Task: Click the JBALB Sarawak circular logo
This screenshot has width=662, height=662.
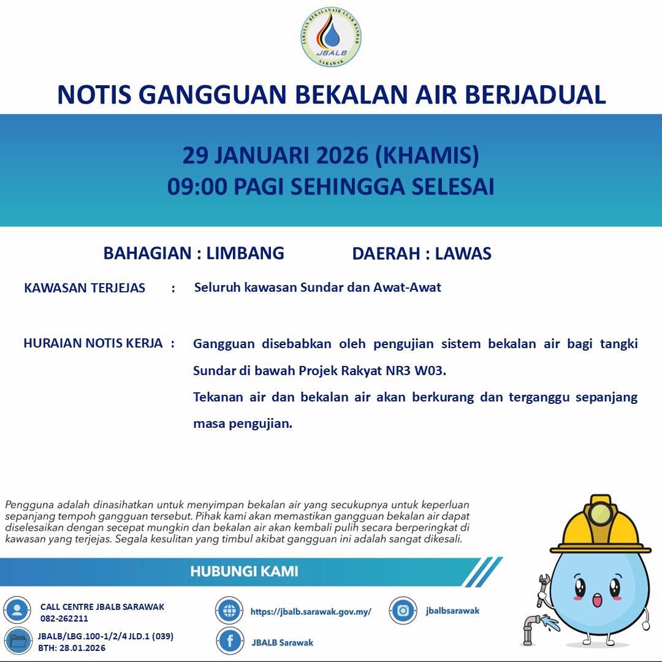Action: click(331, 37)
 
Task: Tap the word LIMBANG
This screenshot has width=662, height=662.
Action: click(245, 253)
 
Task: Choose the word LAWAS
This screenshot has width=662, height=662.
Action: click(463, 254)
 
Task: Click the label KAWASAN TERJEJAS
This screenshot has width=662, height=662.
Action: click(85, 288)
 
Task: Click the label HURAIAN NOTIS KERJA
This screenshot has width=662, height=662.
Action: click(93, 343)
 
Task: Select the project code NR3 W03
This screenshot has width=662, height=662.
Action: click(422, 371)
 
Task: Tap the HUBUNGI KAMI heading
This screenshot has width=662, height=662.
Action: click(244, 572)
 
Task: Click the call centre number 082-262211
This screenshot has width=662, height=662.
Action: click(64, 618)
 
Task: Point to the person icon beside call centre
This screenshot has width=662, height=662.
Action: click(17, 611)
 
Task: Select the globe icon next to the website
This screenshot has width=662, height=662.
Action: click(229, 611)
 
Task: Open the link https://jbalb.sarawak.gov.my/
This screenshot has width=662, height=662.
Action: click(311, 612)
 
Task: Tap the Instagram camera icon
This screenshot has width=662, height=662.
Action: click(403, 611)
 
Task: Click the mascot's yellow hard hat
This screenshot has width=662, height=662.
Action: click(600, 527)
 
